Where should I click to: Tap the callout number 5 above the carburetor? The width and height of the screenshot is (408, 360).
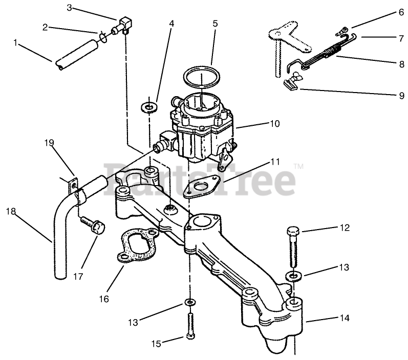(215, 23)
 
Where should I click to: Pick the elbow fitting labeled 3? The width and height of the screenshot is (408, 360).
(125, 24)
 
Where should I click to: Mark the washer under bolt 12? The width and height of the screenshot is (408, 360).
(293, 276)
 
